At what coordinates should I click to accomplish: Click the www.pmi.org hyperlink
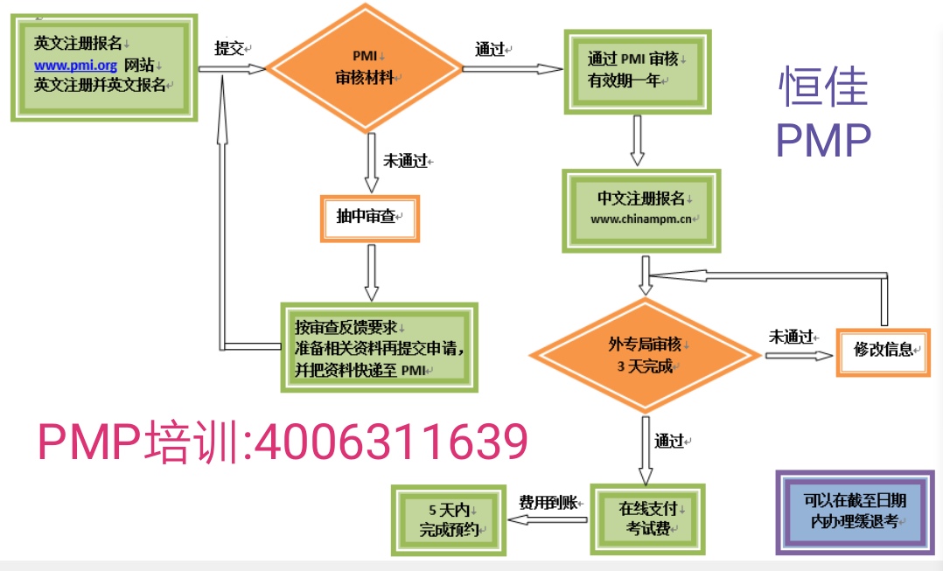(76, 66)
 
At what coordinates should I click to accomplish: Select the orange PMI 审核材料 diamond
(364, 67)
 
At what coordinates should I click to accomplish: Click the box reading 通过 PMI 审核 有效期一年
(636, 69)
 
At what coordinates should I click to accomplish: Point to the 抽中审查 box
(370, 218)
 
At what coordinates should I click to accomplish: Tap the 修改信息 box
(882, 350)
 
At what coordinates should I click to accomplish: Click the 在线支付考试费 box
(646, 518)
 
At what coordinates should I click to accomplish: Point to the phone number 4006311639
(389, 442)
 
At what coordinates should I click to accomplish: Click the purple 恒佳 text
(822, 87)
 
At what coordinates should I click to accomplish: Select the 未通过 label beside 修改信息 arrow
(792, 336)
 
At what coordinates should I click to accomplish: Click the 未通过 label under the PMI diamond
(406, 161)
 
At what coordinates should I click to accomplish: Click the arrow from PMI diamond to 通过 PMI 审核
(512, 69)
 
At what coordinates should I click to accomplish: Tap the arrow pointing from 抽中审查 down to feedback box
(372, 272)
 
